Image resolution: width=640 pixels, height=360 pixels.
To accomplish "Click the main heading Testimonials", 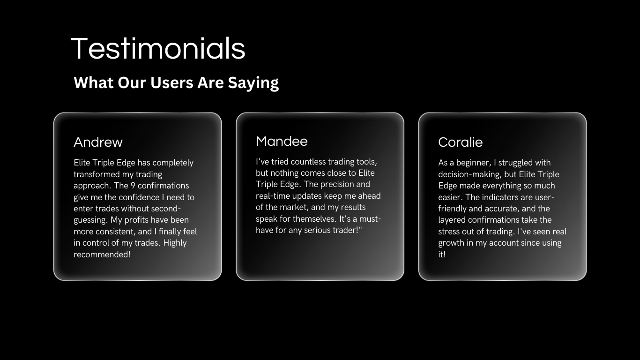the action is coord(158,49).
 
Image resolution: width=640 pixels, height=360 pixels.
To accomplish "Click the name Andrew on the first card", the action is coord(98,142).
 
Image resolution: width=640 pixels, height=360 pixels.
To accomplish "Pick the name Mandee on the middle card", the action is coord(282,141).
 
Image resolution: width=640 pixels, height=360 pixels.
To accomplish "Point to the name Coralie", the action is coord(461,142).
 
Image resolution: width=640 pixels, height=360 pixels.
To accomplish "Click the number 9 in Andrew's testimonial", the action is coord(133,186).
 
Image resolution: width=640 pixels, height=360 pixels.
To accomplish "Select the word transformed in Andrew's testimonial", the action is coord(97,174).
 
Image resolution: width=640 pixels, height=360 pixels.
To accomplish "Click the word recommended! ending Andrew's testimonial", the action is coord(102,254).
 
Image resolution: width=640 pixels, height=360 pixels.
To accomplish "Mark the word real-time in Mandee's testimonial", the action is coord(273,196).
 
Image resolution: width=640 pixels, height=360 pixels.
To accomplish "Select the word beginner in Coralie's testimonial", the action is coord(474,163).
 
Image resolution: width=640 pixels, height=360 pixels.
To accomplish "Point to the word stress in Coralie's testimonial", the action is coord(450,231).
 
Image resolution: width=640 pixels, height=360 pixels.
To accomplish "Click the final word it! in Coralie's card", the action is coord(442,254).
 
